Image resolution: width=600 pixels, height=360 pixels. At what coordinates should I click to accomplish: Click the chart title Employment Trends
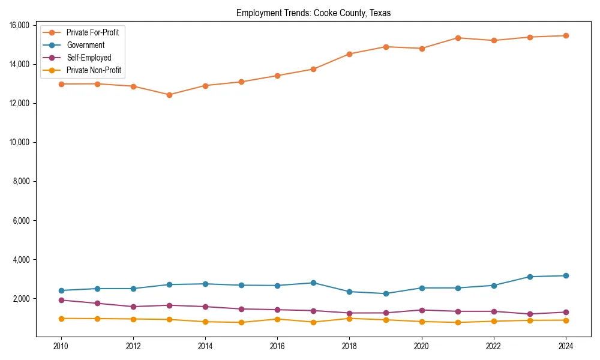pyautogui.click(x=313, y=13)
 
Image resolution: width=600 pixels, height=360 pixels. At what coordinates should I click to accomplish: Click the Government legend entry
pyautogui.click(x=85, y=45)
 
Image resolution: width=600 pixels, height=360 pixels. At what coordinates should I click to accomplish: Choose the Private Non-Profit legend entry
pyautogui.click(x=94, y=70)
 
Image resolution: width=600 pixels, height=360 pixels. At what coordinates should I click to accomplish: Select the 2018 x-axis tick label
pyautogui.click(x=349, y=346)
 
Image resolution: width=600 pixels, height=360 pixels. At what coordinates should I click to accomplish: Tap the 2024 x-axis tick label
pyautogui.click(x=566, y=346)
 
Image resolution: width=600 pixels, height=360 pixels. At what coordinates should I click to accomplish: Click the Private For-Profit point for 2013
pyautogui.click(x=169, y=95)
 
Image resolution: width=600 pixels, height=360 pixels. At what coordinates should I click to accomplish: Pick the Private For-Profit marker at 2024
pyautogui.click(x=566, y=35)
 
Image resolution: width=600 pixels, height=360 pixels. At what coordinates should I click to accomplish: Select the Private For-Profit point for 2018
pyautogui.click(x=349, y=54)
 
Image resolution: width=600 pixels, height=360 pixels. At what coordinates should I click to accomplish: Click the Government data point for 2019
pyautogui.click(x=386, y=293)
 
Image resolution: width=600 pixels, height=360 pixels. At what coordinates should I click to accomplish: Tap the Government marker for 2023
pyautogui.click(x=530, y=277)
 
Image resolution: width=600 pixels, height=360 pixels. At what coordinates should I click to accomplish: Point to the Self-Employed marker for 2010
pyautogui.click(x=61, y=300)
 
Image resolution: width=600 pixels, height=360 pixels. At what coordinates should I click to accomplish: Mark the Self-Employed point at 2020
pyautogui.click(x=422, y=310)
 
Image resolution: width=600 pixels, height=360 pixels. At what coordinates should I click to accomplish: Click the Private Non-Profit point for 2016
pyautogui.click(x=277, y=319)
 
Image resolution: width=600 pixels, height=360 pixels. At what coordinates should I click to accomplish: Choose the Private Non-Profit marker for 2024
pyautogui.click(x=566, y=320)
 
